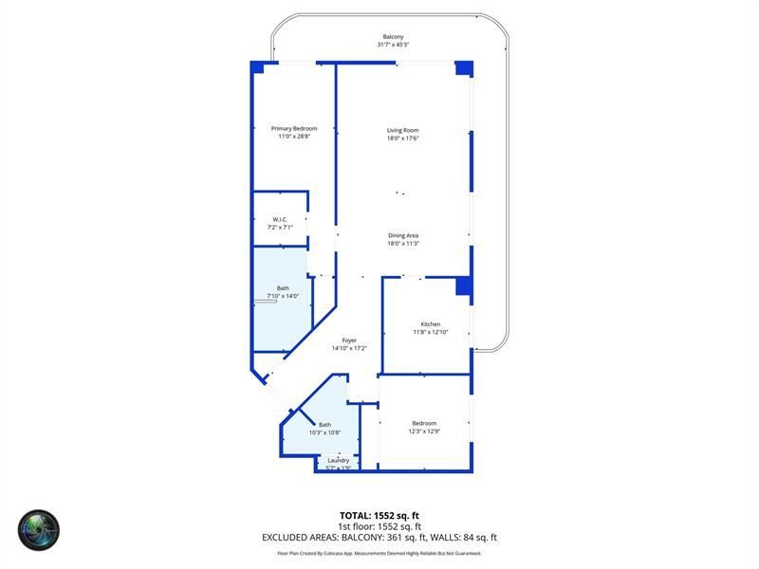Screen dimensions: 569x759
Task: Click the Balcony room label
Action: point(393,37)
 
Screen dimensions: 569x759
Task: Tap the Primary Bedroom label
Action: point(294,129)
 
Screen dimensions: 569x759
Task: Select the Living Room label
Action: point(402,130)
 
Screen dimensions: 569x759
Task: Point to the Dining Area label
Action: point(403,235)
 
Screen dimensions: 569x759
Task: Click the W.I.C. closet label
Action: point(280,220)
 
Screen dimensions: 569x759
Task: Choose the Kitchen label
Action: point(430,324)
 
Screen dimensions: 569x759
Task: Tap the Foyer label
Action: point(349,340)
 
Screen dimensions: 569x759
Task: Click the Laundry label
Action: point(339,461)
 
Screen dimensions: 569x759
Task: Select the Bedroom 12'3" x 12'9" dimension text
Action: point(424,431)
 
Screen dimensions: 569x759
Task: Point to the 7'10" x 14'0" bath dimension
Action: point(283,296)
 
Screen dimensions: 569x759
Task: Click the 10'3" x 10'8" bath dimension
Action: point(324,432)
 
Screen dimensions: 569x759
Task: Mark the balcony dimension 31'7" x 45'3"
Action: point(393,45)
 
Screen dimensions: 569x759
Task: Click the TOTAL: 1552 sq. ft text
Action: point(379,515)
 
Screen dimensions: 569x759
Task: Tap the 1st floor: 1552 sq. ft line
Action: point(379,526)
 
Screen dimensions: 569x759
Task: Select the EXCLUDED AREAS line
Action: point(379,537)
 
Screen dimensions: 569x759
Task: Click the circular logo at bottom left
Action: point(39,530)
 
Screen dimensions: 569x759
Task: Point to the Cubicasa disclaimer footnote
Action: point(379,553)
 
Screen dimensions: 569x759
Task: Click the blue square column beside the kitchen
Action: point(464,286)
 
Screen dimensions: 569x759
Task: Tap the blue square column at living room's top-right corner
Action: point(464,68)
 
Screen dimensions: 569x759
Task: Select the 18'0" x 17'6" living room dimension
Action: point(402,138)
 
